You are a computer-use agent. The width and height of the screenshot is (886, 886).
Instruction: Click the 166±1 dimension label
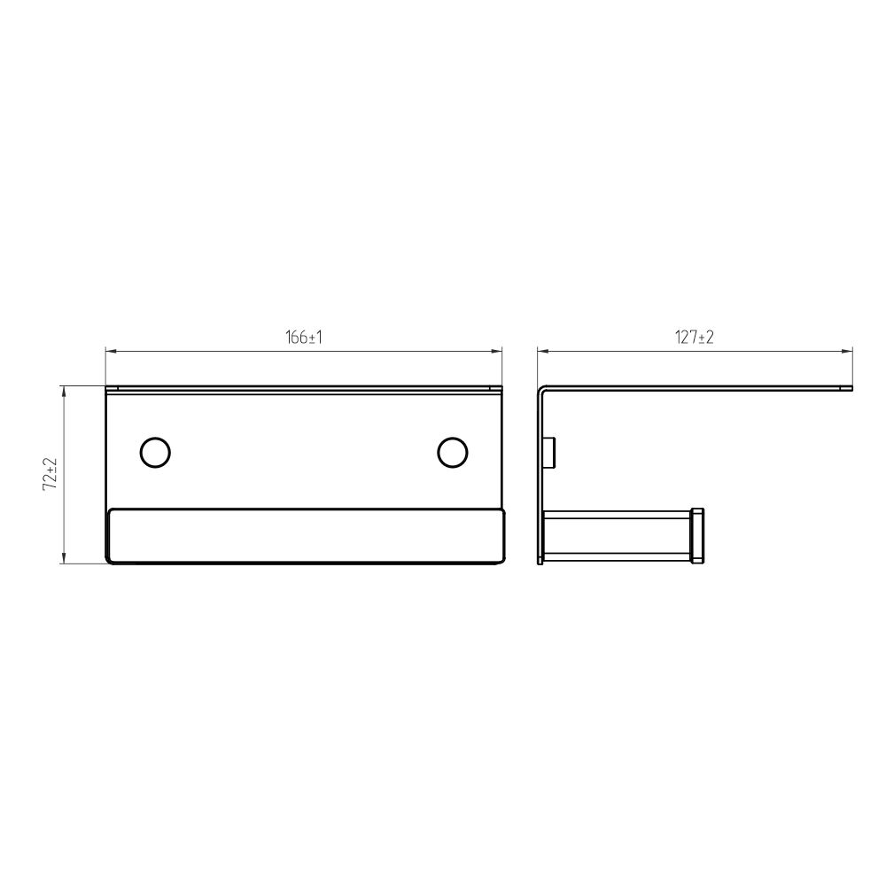303,338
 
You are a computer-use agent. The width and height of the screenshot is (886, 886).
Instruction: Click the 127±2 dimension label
695,338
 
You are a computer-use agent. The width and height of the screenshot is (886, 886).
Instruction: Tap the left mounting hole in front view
155,452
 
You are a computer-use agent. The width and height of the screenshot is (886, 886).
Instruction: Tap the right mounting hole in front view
453,452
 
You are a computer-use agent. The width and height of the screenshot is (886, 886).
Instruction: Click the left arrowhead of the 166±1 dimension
111,352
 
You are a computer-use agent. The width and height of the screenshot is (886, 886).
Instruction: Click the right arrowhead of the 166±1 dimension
497,352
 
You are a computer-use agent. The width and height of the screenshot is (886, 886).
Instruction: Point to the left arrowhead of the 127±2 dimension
542,352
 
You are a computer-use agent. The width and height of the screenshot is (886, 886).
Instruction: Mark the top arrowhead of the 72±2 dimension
63,391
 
